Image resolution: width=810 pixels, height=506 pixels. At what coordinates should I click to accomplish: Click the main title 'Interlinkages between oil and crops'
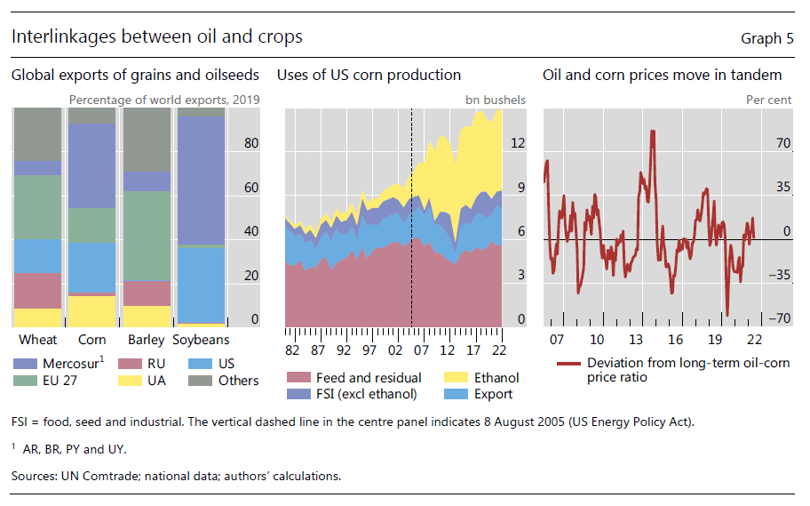(x=157, y=36)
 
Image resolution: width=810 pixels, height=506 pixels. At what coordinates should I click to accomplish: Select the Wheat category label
(x=37, y=340)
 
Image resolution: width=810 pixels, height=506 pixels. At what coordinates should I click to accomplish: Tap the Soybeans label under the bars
(x=201, y=340)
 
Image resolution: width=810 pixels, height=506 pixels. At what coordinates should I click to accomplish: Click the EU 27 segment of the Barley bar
(x=147, y=236)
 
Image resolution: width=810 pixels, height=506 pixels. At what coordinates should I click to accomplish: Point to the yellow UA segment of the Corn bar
(x=91, y=310)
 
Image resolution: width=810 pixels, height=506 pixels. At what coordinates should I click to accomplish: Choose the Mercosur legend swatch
(x=25, y=363)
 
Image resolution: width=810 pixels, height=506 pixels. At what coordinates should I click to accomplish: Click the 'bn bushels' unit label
(x=495, y=100)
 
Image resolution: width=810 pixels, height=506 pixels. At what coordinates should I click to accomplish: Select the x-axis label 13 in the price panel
(x=635, y=340)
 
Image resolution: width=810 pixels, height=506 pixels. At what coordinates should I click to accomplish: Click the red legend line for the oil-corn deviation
(x=568, y=364)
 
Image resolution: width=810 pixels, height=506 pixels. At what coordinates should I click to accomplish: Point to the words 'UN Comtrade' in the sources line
(x=98, y=477)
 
